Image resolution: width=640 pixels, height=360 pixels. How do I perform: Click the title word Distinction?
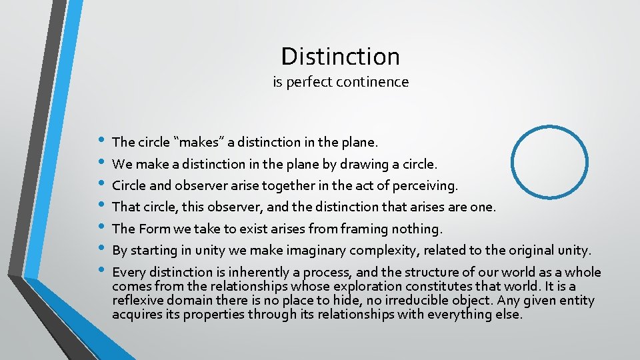point(340,57)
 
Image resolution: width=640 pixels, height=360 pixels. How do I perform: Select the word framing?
point(365,229)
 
